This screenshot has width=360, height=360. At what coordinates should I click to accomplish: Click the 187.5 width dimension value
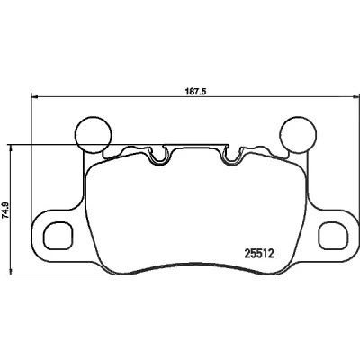click(x=196, y=91)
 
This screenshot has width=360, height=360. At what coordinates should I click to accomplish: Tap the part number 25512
click(x=259, y=255)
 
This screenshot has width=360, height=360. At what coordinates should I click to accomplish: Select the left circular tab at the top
click(x=93, y=135)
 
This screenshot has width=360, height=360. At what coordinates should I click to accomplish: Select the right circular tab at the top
click(x=298, y=134)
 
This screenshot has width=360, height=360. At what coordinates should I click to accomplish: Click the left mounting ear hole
click(x=58, y=236)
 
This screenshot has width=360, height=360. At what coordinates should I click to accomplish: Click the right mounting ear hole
click(x=334, y=236)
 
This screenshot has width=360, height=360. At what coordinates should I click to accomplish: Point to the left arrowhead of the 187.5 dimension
click(x=35, y=96)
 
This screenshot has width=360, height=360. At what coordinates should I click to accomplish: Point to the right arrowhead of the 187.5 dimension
click(x=355, y=96)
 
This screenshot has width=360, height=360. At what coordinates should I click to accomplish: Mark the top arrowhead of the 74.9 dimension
click(x=11, y=148)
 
